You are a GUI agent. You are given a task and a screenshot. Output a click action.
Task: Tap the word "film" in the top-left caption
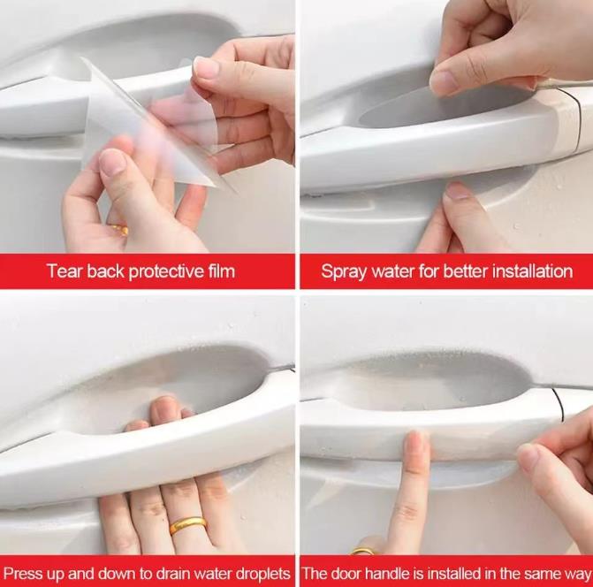point(222,271)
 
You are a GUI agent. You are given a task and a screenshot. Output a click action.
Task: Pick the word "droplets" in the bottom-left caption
point(262,575)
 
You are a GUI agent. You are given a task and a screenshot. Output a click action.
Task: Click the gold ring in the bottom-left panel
point(188,525)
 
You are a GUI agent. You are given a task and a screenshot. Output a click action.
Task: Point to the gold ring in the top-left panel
point(120,229)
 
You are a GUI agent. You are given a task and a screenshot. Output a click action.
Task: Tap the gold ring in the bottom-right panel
point(362,552)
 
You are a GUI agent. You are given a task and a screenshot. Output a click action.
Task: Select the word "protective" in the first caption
point(166,272)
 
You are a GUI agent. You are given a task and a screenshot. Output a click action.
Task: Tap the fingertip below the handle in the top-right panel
point(458,192)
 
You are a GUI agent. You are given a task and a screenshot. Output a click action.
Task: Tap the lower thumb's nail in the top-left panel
point(112,162)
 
